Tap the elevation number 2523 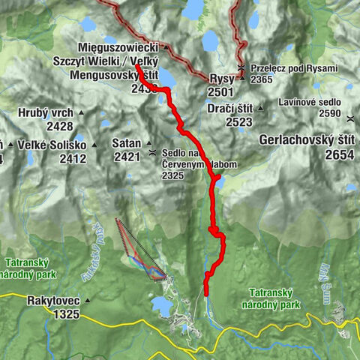pos(233,122)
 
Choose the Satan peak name pos(125,143)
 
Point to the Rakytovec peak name pos(53,301)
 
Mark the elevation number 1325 pos(66,314)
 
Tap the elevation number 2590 pos(328,112)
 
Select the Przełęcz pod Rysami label pos(294,68)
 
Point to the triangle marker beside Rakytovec pos(87,301)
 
